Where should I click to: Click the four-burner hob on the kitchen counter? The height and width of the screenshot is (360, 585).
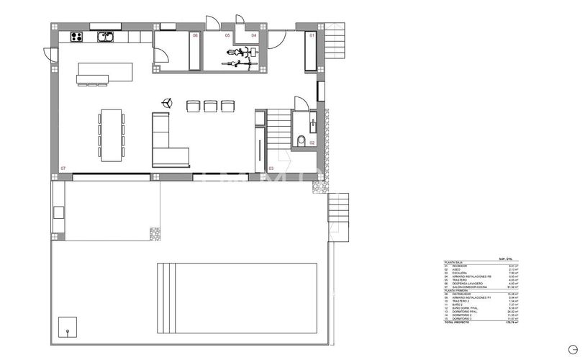tap(76, 37)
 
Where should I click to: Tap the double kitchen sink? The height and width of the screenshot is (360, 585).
tap(106, 35)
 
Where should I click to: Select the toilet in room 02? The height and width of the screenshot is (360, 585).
tap(301, 140)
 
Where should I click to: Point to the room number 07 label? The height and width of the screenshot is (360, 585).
tap(63, 168)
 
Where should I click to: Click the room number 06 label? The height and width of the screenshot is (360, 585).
tap(194, 35)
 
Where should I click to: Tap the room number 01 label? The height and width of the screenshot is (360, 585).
tap(312, 35)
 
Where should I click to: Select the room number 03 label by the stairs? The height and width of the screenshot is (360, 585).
tap(271, 168)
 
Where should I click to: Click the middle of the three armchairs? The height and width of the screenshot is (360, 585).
tap(210, 106)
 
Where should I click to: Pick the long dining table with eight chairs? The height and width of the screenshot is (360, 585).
tap(111, 135)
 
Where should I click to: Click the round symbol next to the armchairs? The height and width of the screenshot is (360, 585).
tap(167, 102)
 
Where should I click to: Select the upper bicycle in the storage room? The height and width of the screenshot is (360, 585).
tap(241, 53)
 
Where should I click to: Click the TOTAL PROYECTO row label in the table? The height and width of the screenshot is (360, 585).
tap(458, 323)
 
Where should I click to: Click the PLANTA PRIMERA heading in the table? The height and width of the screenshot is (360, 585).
tap(457, 290)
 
